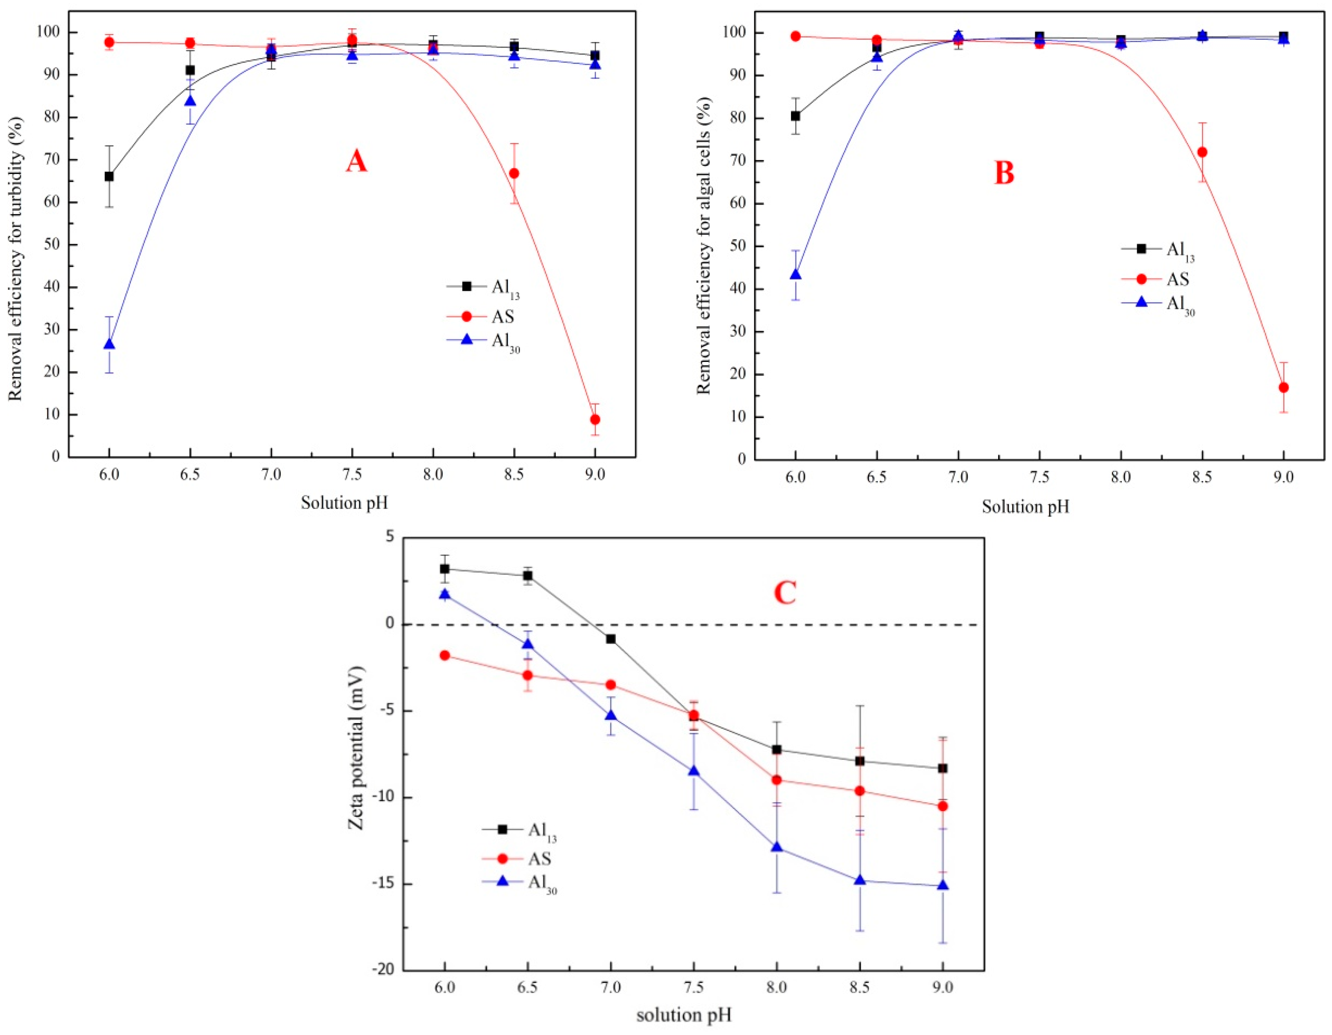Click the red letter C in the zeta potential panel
click(x=784, y=592)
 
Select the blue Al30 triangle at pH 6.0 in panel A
click(x=109, y=344)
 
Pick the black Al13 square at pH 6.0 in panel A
click(x=109, y=176)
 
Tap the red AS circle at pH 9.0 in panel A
click(x=595, y=419)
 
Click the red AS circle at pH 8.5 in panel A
click(x=514, y=173)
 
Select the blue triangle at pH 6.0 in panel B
click(x=795, y=275)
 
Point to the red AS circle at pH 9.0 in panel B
click(x=1283, y=388)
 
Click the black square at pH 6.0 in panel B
click(x=795, y=116)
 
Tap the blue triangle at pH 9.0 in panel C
click(x=942, y=886)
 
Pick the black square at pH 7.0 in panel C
click(x=611, y=639)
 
